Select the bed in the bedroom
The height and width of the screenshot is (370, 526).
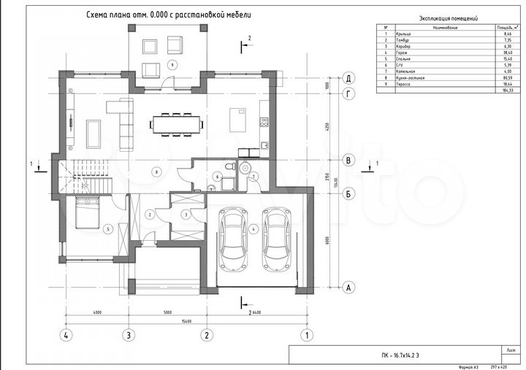coord(87,215)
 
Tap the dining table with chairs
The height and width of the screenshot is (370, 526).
coord(176,123)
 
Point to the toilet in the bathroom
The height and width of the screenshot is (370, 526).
coord(229,167)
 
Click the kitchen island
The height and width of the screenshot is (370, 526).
coord(238,118)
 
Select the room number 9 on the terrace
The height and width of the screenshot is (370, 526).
coord(172,65)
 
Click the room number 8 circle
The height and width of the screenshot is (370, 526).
coord(156,171)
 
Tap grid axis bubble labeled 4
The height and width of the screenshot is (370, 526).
coord(66,336)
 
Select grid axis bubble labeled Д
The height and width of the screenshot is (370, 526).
coord(349,78)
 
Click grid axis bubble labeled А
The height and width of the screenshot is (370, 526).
coord(349,288)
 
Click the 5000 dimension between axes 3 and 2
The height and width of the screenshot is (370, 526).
coord(167,312)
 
